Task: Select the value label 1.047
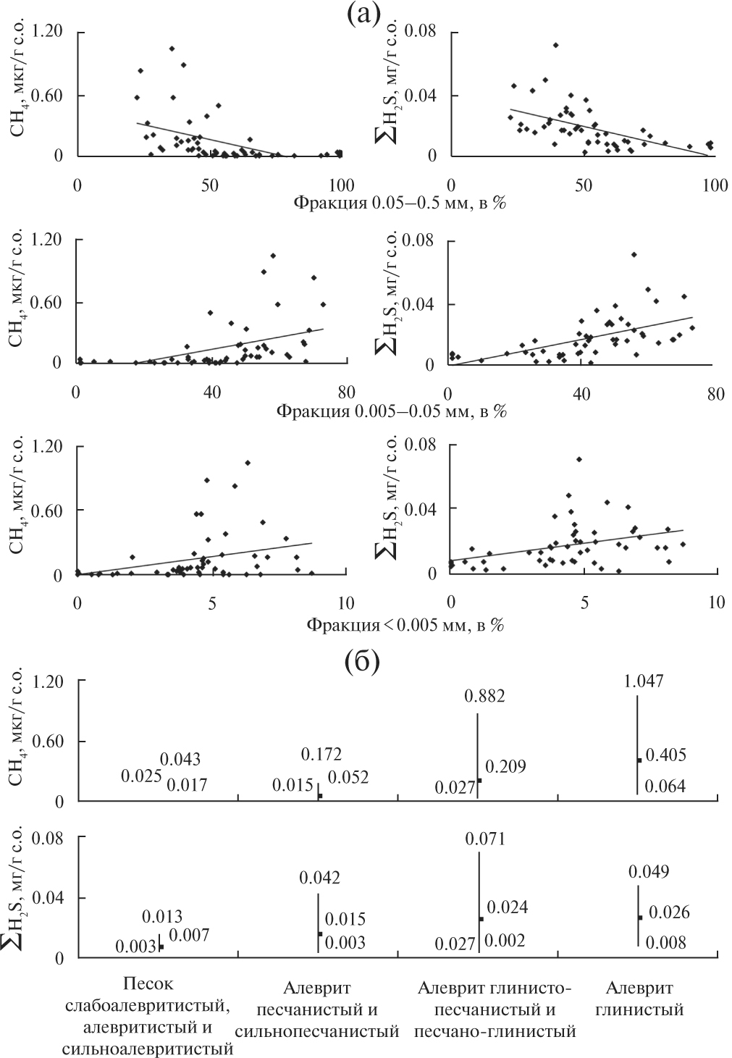pos(643,681)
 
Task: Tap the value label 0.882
pos(486,697)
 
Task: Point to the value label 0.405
pos(665,755)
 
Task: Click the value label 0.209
pos(506,766)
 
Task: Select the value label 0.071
pos(484,839)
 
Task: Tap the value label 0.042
pos(320,878)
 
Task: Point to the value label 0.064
pos(665,786)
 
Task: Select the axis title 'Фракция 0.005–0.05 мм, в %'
pos(391,412)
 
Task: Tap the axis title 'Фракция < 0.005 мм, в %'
pos(405,624)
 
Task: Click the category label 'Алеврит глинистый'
pos(639,999)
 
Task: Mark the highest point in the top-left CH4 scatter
pos(172,49)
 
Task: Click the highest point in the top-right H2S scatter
pos(555,45)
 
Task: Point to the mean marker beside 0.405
pos(639,760)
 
